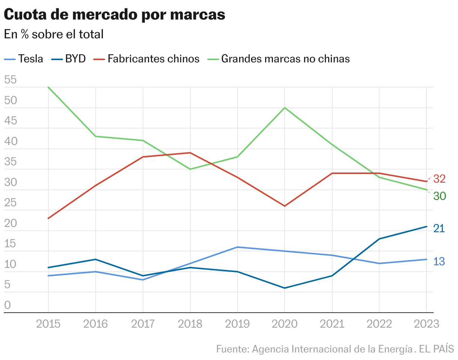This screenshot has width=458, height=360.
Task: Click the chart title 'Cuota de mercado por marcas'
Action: click(114, 15)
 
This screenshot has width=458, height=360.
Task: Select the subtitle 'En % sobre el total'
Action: click(54, 34)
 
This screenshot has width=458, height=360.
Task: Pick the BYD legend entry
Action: click(69, 59)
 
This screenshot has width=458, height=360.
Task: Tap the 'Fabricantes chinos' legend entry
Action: click(147, 59)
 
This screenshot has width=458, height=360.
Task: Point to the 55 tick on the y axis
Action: click(11, 80)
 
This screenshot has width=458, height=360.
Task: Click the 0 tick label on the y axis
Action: click(8, 305)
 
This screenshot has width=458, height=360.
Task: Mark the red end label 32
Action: click(439, 179)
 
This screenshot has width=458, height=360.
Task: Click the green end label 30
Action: click(439, 196)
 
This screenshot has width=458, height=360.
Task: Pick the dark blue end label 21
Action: click(439, 228)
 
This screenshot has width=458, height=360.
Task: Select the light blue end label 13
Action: click(439, 262)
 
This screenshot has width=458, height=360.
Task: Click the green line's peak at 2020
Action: click(285, 108)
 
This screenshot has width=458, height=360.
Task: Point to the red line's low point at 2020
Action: click(285, 206)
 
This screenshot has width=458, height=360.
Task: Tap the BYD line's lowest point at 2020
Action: click(285, 288)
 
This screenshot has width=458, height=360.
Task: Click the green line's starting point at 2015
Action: click(48, 87)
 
